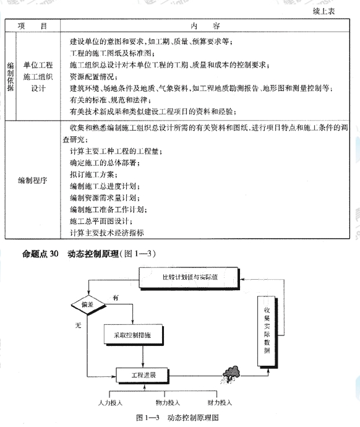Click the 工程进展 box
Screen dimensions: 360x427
click(x=142, y=376)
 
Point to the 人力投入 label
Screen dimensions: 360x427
click(x=111, y=403)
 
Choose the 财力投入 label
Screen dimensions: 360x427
click(x=220, y=403)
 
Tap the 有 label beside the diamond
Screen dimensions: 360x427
click(x=115, y=298)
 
